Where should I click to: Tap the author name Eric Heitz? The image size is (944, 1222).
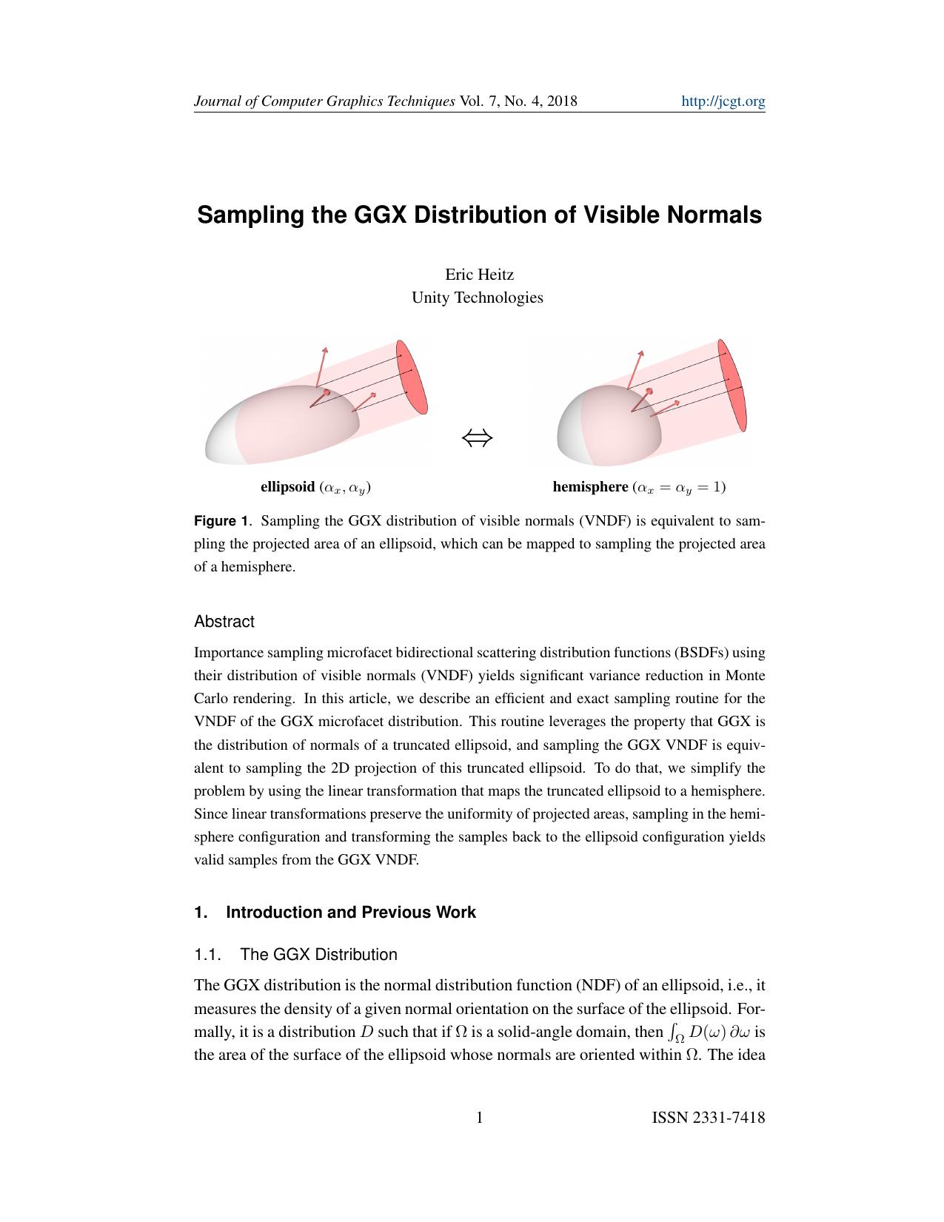(x=479, y=275)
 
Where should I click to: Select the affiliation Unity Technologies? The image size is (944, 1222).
(x=477, y=298)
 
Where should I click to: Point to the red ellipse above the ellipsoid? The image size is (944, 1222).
(x=412, y=377)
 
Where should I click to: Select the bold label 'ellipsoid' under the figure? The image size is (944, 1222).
(x=287, y=487)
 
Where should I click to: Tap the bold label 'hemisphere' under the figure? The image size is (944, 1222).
(x=590, y=487)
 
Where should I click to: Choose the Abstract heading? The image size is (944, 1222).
(x=224, y=622)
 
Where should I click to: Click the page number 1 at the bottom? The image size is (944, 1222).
(x=479, y=1118)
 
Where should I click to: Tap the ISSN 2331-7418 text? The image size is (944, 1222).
(x=708, y=1118)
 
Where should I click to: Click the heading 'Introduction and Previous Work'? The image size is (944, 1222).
(x=350, y=912)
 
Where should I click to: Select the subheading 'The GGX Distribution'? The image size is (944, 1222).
(x=318, y=954)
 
